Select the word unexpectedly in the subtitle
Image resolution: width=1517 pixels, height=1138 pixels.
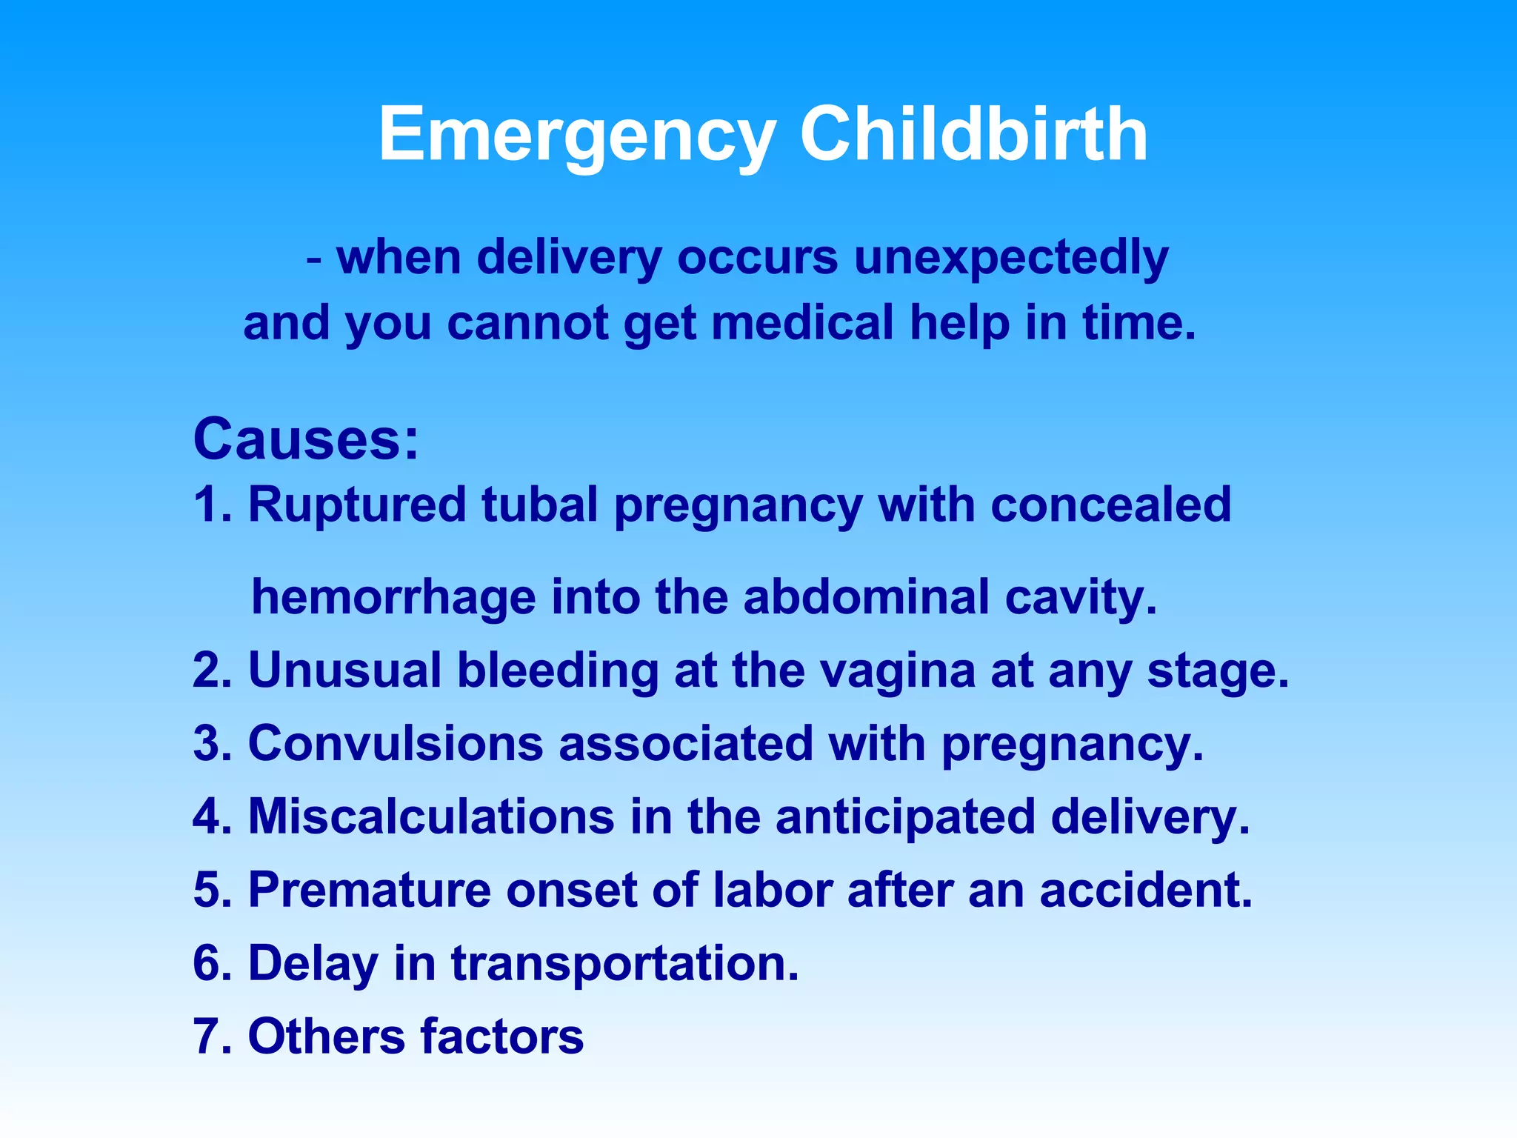tap(1011, 259)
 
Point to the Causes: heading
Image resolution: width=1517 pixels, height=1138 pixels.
tap(306, 439)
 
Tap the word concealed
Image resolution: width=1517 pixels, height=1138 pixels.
tap(1110, 505)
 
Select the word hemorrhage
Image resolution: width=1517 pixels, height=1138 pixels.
tap(393, 599)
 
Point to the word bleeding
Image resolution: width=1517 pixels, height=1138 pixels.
tap(557, 671)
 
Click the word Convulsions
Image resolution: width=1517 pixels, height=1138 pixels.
tap(396, 743)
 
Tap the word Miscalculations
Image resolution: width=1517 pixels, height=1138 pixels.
tap(431, 816)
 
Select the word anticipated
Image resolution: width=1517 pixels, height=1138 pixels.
tap(904, 818)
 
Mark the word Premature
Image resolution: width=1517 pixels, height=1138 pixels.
tap(369, 890)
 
